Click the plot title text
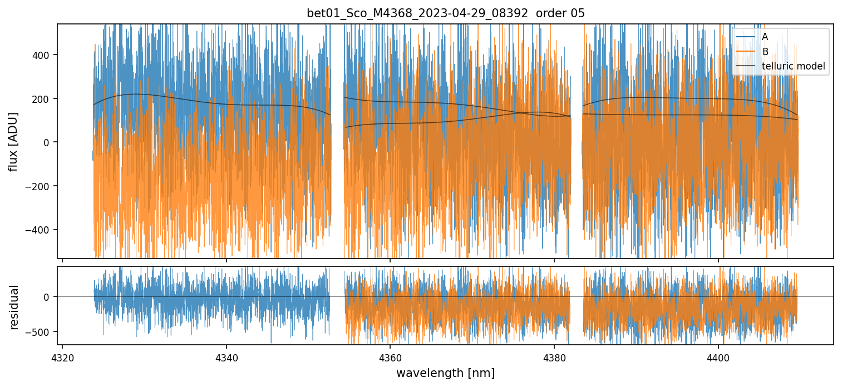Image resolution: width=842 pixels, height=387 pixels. [445, 13]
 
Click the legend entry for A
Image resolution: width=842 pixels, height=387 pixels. [765, 37]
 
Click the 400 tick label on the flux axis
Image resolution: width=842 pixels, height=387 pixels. [43, 55]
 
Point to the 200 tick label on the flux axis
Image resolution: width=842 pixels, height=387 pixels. [43, 99]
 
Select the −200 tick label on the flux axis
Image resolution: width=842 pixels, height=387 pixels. [40, 186]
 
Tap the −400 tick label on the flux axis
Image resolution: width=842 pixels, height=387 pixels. [40, 230]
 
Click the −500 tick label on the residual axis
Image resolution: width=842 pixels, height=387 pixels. [40, 332]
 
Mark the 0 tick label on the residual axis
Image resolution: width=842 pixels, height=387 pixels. [47, 297]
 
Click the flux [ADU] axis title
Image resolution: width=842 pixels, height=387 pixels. [13, 141]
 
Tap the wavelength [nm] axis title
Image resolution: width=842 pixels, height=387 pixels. [445, 373]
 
